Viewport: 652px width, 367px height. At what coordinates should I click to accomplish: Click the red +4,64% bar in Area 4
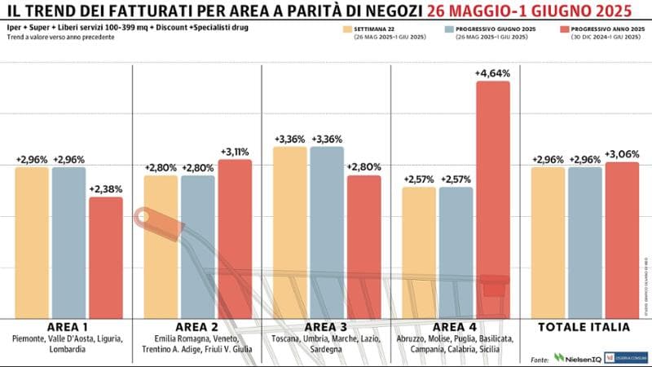tap(492, 196)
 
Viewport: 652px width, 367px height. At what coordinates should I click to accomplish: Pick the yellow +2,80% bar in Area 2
tap(161, 245)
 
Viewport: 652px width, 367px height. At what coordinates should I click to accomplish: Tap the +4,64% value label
tap(492, 73)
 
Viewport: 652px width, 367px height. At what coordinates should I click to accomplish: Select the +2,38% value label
tap(105, 189)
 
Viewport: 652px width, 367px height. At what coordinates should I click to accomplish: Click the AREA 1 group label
tap(68, 326)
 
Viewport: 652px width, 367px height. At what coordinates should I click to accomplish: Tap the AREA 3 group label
tap(326, 326)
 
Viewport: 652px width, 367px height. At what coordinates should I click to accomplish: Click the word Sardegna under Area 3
tap(326, 349)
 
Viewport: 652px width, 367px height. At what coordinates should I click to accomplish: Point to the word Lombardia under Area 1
tap(68, 349)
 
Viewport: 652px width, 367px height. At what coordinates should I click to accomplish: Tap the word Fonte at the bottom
tap(539, 359)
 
